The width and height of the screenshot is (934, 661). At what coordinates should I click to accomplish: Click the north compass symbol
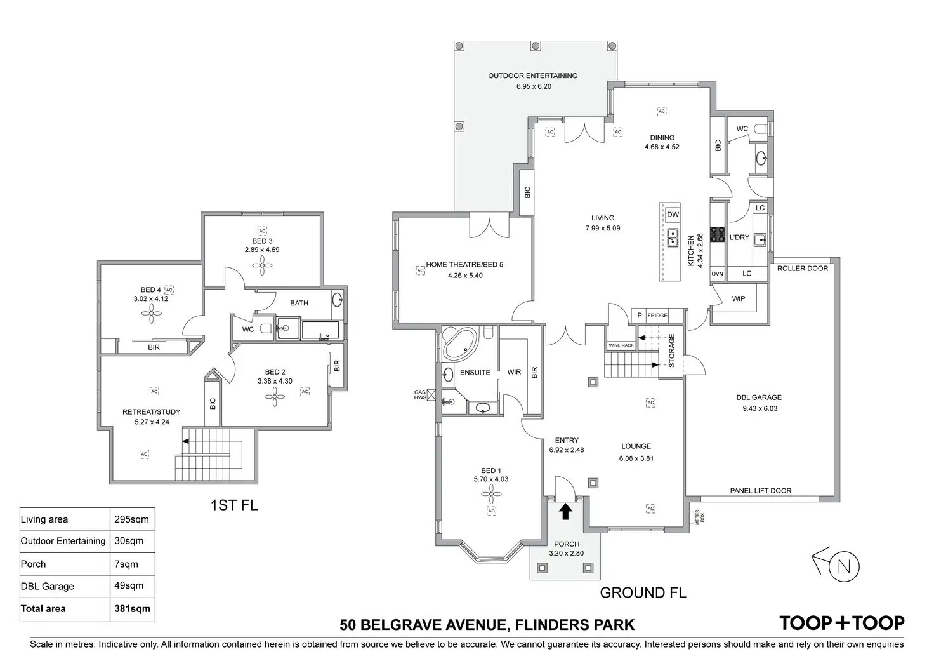[843, 567]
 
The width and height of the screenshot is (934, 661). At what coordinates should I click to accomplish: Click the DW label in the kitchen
[673, 215]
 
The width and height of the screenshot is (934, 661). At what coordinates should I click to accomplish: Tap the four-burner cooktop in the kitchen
[718, 235]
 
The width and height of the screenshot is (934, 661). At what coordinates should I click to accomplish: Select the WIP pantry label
[739, 298]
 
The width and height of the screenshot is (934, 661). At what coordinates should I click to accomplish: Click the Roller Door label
[802, 269]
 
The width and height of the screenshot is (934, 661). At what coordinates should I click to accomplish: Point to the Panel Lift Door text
[760, 491]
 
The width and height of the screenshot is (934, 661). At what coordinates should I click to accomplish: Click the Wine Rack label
[621, 345]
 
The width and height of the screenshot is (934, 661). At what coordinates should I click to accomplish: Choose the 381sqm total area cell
[132, 609]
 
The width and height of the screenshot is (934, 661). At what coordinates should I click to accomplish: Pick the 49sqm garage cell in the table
[129, 585]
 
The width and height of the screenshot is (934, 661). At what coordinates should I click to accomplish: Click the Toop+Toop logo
[842, 623]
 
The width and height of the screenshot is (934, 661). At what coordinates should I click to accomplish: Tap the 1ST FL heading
[233, 505]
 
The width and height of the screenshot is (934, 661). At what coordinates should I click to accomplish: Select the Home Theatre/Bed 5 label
[464, 264]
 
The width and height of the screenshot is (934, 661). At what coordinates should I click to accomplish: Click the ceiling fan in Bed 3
[261, 267]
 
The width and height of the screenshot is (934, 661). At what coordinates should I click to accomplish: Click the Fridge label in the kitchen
[657, 316]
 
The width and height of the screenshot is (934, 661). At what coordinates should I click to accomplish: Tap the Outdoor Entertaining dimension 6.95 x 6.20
[533, 86]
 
